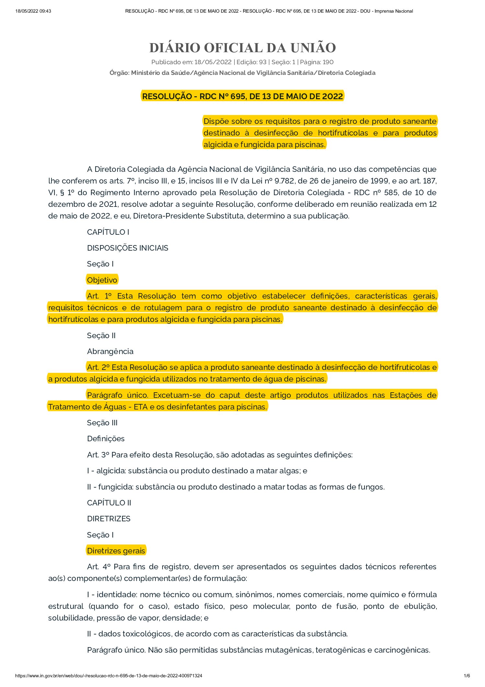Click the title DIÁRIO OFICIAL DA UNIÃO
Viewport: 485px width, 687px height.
point(242,48)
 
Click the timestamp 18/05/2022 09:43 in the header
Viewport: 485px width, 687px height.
point(33,11)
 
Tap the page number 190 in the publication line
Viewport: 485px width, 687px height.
point(328,62)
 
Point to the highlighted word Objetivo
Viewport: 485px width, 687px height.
point(102,280)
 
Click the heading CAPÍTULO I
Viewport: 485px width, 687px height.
point(108,232)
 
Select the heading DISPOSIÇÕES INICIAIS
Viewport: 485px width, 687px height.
point(128,248)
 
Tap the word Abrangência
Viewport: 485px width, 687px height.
point(110,351)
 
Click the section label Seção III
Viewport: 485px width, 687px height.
point(102,423)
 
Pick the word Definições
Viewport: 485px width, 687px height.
point(106,439)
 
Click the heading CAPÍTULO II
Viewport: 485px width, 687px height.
point(109,503)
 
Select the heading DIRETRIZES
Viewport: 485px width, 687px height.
point(108,519)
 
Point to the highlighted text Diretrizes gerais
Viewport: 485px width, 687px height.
point(116,551)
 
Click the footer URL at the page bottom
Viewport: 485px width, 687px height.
point(109,676)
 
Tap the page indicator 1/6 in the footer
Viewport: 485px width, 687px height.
point(467,676)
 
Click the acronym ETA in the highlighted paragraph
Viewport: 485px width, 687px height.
point(141,407)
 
